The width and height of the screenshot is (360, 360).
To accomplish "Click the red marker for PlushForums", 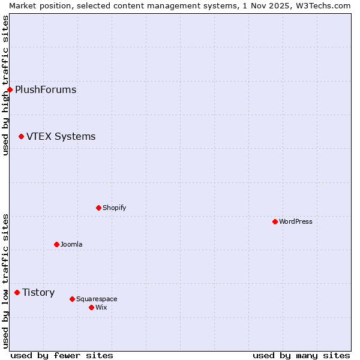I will pyautogui.click(x=10, y=90).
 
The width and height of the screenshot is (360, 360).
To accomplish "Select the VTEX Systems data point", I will pyautogui.click(x=21, y=137).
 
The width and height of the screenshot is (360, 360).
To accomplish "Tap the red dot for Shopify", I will pyautogui.click(x=98, y=208).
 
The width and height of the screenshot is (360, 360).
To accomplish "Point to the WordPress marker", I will pyautogui.click(x=275, y=221).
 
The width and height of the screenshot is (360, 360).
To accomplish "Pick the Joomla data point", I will pyautogui.click(x=56, y=244).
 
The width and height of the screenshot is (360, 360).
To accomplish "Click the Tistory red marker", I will pyautogui.click(x=17, y=293).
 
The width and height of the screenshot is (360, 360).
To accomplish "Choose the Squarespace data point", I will pyautogui.click(x=72, y=299).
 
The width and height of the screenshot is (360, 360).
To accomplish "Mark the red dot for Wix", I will pyautogui.click(x=91, y=307).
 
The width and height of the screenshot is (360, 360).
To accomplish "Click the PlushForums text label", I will pyautogui.click(x=46, y=90).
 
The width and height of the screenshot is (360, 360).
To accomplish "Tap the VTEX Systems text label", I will pyautogui.click(x=61, y=137).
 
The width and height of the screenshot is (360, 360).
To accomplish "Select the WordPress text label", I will pyautogui.click(x=295, y=221).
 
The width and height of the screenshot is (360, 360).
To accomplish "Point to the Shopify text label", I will pyautogui.click(x=114, y=208).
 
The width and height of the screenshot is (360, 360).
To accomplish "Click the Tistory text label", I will pyautogui.click(x=38, y=293).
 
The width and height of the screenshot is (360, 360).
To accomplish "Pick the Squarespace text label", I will pyautogui.click(x=97, y=299).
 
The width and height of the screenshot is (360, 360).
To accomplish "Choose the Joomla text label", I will pyautogui.click(x=71, y=244).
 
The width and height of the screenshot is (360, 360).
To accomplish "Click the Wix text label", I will pyautogui.click(x=101, y=307).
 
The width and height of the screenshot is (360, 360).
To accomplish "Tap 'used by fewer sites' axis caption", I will pyautogui.click(x=62, y=355).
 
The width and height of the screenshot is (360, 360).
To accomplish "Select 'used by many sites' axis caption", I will pyautogui.click(x=301, y=355).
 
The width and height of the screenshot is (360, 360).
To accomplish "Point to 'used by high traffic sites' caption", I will pyautogui.click(x=5, y=85).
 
